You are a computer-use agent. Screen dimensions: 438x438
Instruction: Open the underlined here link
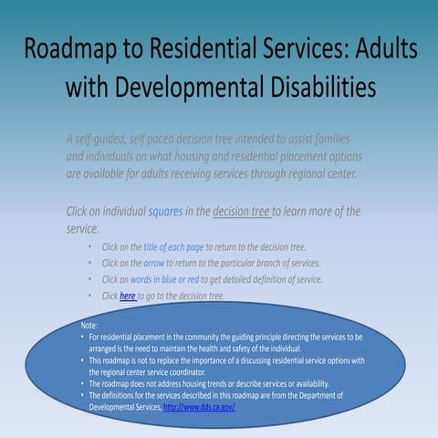pyautogui.click(x=128, y=296)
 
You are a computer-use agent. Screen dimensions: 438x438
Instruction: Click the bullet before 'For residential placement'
pyautogui.click(x=83, y=338)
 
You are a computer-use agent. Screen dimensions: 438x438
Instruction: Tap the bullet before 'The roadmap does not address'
pyautogui.click(x=83, y=384)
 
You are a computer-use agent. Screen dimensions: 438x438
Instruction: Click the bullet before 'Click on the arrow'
pyautogui.click(x=90, y=263)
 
